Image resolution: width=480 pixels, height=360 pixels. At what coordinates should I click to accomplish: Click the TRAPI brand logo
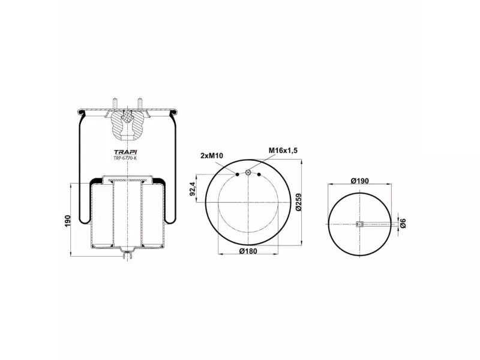tap(125, 152)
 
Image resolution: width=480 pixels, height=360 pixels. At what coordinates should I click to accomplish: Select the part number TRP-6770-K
tap(125, 158)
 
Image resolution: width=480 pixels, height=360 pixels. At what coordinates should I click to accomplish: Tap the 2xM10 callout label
tap(212, 156)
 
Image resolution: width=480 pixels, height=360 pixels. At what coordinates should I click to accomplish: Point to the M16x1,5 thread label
tap(283, 151)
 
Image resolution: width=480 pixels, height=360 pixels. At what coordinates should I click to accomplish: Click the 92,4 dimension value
tap(193, 188)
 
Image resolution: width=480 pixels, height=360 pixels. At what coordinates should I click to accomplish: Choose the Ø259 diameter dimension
tap(299, 202)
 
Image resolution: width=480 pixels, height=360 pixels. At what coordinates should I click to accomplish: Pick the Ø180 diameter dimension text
tap(248, 251)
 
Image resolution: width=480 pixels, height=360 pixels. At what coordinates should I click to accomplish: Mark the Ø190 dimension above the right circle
tap(359, 181)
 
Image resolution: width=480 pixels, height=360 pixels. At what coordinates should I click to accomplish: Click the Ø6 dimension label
tap(403, 223)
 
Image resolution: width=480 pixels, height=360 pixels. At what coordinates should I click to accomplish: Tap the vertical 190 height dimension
tap(68, 221)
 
